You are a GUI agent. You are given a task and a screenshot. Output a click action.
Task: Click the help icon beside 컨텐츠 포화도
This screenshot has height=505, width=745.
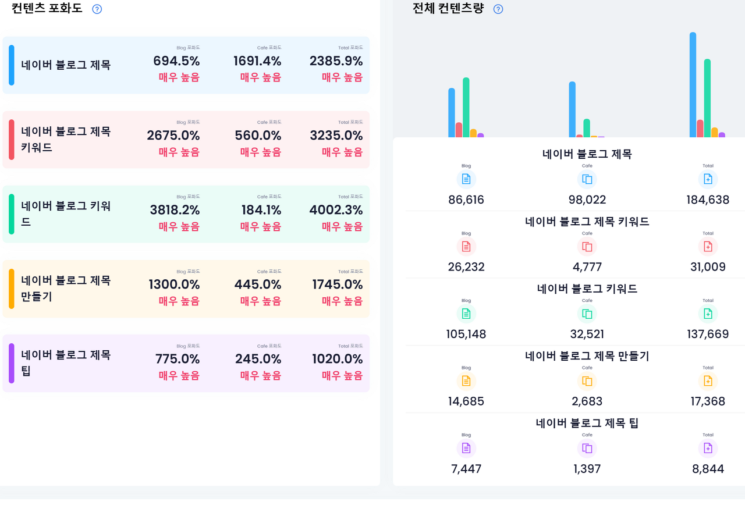point(97,9)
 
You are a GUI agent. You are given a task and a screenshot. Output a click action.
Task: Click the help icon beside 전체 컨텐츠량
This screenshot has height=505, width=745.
point(498,9)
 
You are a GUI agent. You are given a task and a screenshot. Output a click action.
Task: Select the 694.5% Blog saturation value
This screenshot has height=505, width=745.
point(176,61)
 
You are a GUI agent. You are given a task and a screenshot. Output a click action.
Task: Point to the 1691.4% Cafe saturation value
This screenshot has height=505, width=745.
point(257,61)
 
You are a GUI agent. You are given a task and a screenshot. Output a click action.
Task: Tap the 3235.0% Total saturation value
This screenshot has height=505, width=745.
point(336,136)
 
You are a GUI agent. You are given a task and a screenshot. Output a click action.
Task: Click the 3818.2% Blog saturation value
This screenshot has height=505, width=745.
point(175,210)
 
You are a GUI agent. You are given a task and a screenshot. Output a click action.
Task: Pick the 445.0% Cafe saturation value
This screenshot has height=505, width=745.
point(258,284)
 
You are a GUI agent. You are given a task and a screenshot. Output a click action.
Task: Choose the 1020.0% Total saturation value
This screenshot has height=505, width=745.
point(337,359)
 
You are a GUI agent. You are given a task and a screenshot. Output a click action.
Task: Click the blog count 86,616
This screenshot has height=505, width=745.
point(466,200)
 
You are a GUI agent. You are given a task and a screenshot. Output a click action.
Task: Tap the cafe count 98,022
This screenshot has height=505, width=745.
point(587,200)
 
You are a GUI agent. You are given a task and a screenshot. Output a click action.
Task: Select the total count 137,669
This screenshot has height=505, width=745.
point(708,335)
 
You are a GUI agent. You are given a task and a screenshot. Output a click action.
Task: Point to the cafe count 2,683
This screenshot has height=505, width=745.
point(587,401)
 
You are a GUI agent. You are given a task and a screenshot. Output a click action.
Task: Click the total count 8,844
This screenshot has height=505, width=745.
point(708,469)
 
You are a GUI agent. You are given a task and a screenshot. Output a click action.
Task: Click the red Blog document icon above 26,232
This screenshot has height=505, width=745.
point(466,247)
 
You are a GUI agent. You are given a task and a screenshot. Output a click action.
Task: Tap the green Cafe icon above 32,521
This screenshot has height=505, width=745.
point(587,314)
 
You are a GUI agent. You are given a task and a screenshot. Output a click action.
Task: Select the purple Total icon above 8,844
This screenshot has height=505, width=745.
point(708,449)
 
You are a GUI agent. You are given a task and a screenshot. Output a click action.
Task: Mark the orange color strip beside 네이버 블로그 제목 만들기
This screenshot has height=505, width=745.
point(12,289)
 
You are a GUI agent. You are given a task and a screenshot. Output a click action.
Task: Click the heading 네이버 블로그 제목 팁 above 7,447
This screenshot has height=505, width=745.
point(587,423)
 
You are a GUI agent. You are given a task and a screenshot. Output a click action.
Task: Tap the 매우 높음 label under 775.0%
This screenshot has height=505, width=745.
point(179,376)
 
